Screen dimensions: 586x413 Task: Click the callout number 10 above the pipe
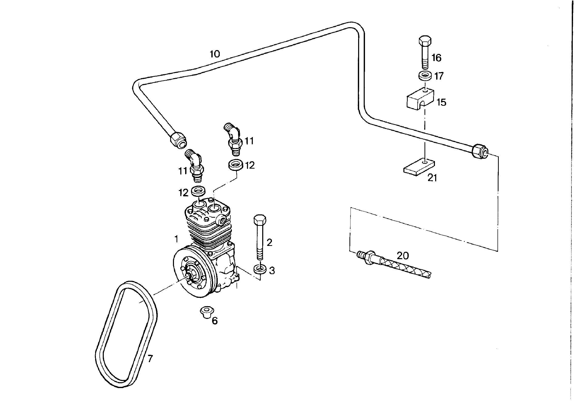pos(215,54)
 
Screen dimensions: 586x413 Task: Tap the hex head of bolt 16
pos(425,41)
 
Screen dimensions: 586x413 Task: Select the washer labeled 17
pos(425,76)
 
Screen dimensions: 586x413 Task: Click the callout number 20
pos(403,256)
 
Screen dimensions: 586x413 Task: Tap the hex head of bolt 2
pos(260,219)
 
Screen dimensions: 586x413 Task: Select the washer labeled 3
pos(260,269)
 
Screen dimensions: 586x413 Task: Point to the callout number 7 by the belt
pos(150,359)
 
